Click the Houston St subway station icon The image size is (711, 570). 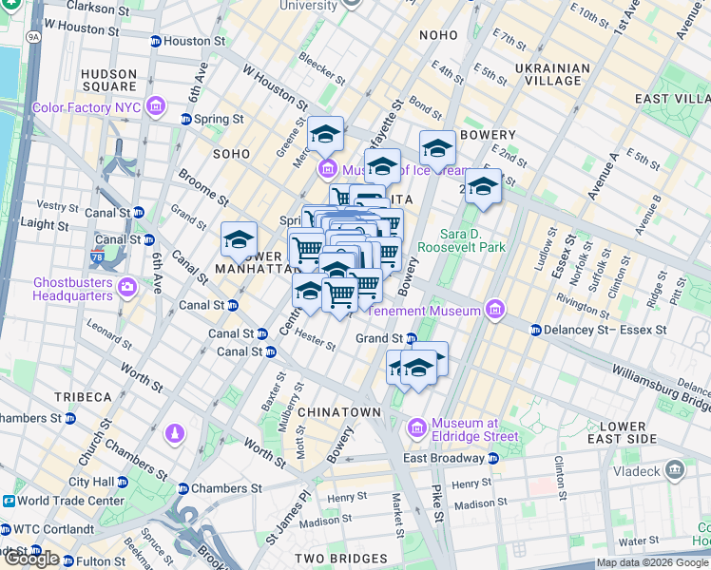[x=155, y=42]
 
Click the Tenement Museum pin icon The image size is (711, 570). [x=493, y=309]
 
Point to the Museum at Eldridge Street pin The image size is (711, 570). [x=416, y=429]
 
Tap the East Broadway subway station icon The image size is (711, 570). [x=492, y=458]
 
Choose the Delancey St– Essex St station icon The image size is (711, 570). [x=536, y=331]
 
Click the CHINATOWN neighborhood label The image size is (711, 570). [x=339, y=412]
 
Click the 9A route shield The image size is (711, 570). [x=35, y=37]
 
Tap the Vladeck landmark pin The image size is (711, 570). [x=674, y=469]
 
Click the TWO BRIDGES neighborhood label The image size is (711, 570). [x=340, y=559]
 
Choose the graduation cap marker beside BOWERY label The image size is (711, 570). [x=438, y=148]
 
